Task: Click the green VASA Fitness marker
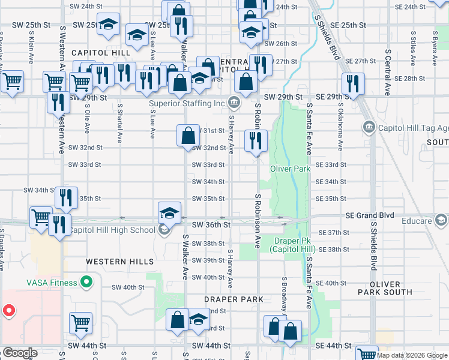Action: pos(87,281)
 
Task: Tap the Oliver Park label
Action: pos(290,169)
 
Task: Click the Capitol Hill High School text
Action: pos(112,230)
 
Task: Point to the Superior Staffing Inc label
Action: pos(187,103)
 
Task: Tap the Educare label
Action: pos(417,221)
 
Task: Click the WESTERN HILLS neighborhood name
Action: pos(119,262)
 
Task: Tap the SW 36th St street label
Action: pos(211,224)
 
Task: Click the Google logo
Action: pos(19,353)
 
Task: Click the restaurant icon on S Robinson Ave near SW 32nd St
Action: pos(256,142)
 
